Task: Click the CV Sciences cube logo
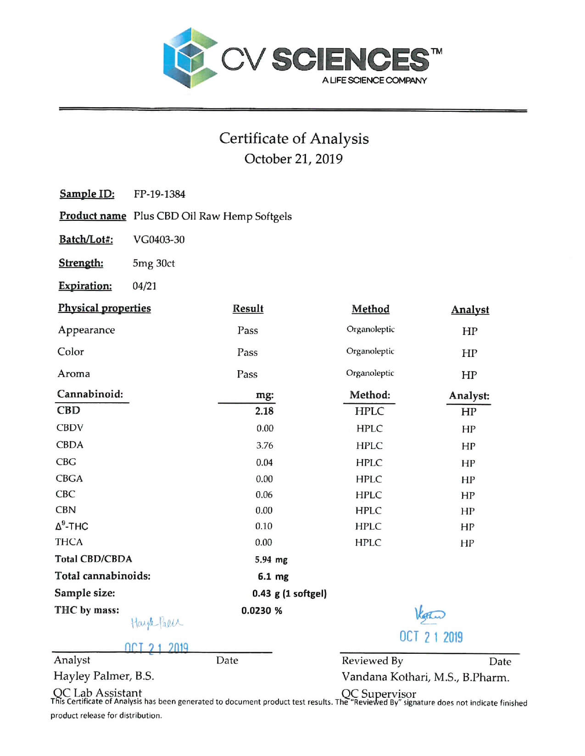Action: (190, 58)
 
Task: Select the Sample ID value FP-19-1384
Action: (159, 194)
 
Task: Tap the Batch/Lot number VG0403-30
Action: (159, 240)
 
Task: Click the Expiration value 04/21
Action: (145, 286)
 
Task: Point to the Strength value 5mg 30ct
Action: (154, 263)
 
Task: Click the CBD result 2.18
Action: (264, 411)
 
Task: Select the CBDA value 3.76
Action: (265, 445)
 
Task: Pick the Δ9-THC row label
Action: (72, 526)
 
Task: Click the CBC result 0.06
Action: (264, 495)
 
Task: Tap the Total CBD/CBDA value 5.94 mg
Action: (271, 559)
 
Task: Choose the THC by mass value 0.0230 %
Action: (262, 611)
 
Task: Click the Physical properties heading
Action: (104, 308)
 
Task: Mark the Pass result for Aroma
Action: (247, 374)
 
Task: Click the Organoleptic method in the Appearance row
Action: (370, 329)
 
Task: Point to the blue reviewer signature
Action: (429, 614)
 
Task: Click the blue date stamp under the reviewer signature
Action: (431, 637)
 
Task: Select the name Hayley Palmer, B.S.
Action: (104, 676)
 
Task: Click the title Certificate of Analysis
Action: (294, 138)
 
